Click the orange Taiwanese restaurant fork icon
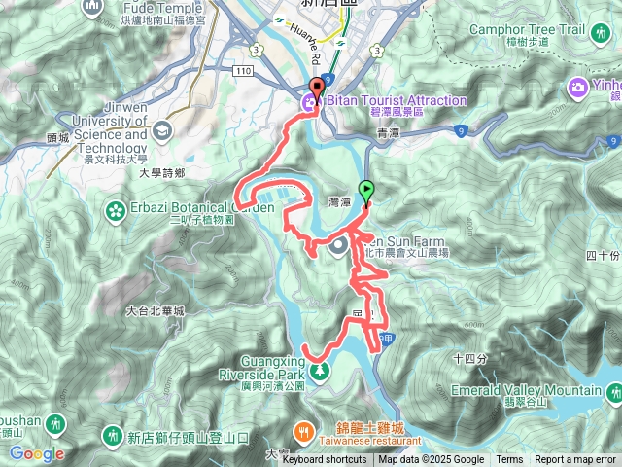304,428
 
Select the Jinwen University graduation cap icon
161,131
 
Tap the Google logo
37,453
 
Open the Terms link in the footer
509,460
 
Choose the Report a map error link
575,460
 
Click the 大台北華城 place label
155,311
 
